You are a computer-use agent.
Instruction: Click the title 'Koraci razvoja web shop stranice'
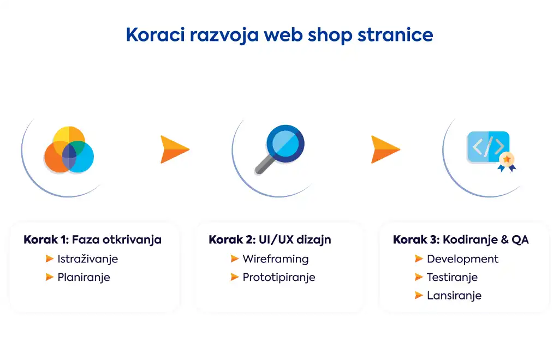coord(279,35)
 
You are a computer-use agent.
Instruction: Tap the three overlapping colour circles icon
coord(69,149)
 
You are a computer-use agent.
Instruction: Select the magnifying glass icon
coord(279,149)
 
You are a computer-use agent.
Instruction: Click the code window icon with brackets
coord(489,147)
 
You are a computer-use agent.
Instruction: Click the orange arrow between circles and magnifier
coord(175,149)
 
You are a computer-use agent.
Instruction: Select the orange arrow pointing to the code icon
coord(385,149)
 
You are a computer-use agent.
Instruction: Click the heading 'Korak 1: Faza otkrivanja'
coord(92,239)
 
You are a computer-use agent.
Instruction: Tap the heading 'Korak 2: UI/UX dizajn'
coord(270,239)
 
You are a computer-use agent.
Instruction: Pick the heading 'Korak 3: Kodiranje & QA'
coord(461,239)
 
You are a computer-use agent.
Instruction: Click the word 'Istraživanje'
coord(88,259)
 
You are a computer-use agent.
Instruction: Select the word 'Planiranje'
coord(84,278)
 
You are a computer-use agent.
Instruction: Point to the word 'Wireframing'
coord(276,259)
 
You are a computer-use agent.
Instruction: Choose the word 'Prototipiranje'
coord(279,278)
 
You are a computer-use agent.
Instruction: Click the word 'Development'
coord(463,259)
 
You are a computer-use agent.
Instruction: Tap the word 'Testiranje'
coord(453,278)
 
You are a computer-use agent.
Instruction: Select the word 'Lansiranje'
coord(454,296)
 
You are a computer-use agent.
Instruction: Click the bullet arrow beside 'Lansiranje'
coord(419,295)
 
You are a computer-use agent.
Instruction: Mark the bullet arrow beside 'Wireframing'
coord(235,259)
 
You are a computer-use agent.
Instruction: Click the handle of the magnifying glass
coord(265,165)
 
